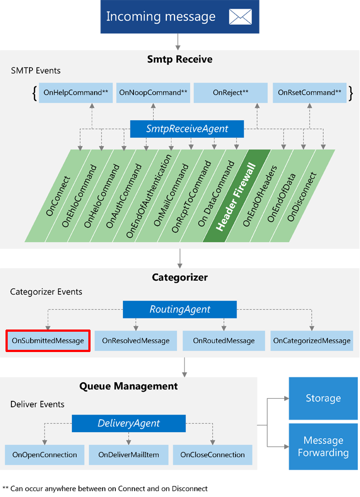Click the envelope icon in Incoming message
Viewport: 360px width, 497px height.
click(240, 17)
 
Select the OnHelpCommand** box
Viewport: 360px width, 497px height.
click(76, 92)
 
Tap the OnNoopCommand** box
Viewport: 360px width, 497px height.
click(153, 92)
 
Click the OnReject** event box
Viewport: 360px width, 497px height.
click(230, 92)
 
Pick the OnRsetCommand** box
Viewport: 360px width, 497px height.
click(310, 92)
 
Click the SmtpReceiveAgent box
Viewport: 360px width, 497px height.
click(187, 129)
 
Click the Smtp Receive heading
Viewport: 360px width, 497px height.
click(180, 59)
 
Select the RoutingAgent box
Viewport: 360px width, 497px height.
click(179, 309)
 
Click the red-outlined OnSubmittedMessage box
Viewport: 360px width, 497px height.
click(48, 340)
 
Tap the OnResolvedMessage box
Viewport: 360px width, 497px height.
click(136, 340)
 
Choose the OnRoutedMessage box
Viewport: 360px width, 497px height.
click(223, 340)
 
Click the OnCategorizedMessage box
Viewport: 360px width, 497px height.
click(312, 340)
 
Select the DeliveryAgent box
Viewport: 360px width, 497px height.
click(129, 423)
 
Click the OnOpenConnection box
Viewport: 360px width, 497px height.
click(44, 455)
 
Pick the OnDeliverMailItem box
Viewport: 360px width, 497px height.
click(129, 455)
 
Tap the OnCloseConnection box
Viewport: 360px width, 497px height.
click(212, 455)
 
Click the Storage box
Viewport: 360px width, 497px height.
click(323, 398)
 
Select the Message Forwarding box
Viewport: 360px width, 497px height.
click(323, 446)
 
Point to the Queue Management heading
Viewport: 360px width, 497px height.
click(128, 386)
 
